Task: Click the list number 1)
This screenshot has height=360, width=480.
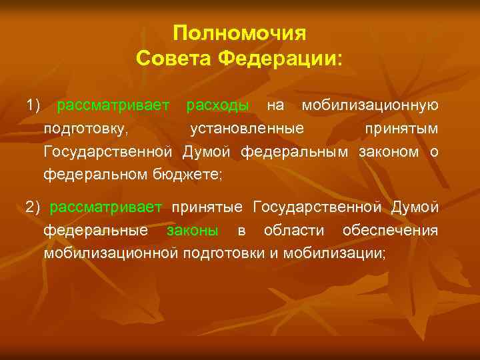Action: (34, 105)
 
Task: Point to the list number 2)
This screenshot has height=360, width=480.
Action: (33, 207)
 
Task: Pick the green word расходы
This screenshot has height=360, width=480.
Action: (218, 105)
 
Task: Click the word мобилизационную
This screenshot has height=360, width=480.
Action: (370, 105)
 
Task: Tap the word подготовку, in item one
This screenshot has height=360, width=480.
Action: (87, 129)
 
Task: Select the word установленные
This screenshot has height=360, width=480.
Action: (247, 128)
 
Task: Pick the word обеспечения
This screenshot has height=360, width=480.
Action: (390, 231)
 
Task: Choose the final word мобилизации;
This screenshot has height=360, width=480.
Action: (334, 254)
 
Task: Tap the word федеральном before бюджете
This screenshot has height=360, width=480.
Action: (89, 175)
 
